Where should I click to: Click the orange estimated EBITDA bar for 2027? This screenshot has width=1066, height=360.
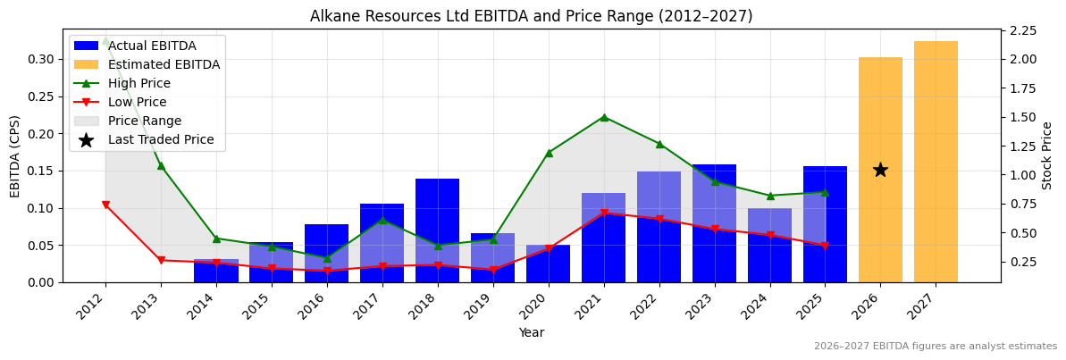click(x=936, y=162)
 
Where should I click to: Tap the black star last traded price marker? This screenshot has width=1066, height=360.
click(x=880, y=170)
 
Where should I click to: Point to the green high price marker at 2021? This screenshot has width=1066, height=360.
click(x=604, y=117)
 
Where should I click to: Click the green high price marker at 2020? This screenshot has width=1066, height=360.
click(x=549, y=153)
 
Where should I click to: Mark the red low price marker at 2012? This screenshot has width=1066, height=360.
click(x=105, y=205)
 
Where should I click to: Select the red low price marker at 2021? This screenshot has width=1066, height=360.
click(x=604, y=213)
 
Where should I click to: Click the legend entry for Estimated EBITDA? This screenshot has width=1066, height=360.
click(x=164, y=65)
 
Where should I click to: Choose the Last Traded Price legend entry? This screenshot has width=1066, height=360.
click(x=161, y=140)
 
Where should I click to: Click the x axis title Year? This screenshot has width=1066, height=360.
click(x=531, y=333)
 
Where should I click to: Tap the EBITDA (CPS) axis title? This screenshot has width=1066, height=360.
click(x=15, y=155)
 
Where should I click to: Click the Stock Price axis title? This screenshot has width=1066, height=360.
click(x=1047, y=155)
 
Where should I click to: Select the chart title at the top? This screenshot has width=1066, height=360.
click(x=531, y=16)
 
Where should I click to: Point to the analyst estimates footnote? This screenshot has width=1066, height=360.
click(x=935, y=347)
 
